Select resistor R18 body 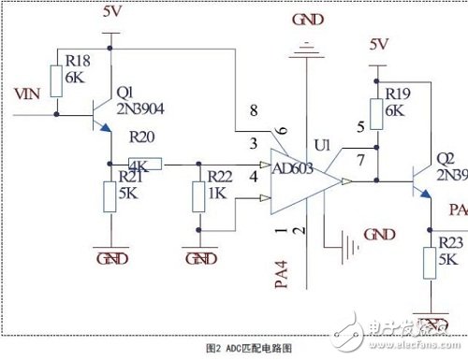tap(55, 81)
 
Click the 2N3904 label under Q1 tap(140, 107)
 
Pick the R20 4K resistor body tap(151, 165)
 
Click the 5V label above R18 tap(110, 13)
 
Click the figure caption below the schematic tap(236, 345)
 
